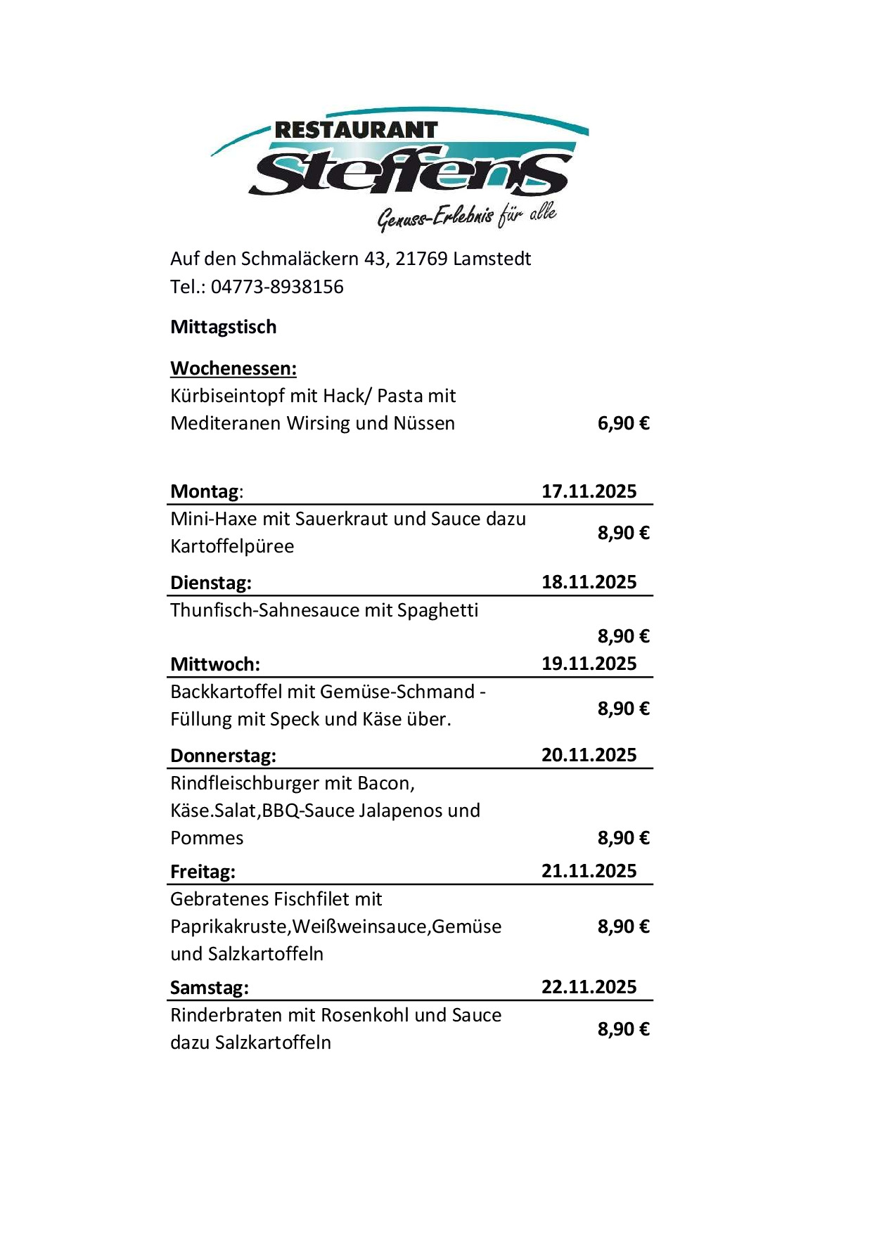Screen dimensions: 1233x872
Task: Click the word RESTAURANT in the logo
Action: [356, 130]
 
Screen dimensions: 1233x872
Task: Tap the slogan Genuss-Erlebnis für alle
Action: [467, 217]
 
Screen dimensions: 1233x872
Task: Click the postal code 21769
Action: [421, 259]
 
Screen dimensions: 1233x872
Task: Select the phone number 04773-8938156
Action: [277, 287]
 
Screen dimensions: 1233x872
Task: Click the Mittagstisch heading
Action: [224, 327]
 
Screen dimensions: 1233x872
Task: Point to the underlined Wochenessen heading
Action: [233, 368]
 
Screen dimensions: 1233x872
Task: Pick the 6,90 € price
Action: [623, 423]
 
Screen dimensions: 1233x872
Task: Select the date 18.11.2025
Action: [589, 582]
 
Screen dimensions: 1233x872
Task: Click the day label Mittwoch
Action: [214, 664]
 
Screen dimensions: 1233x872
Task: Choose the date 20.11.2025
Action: [589, 755]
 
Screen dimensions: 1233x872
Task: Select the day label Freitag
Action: [203, 872]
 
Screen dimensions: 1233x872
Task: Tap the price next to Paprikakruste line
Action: [623, 927]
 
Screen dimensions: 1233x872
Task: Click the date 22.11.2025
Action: [589, 987]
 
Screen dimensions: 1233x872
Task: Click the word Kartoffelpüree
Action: [232, 546]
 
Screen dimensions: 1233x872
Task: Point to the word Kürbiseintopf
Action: [226, 396]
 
